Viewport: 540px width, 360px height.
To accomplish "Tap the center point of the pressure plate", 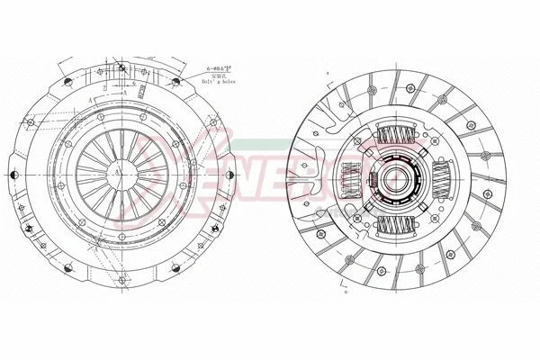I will (x=116, y=168).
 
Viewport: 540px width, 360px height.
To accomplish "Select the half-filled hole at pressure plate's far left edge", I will (x=11, y=168).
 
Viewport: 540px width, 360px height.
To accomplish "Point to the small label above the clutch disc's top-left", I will (x=329, y=71).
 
